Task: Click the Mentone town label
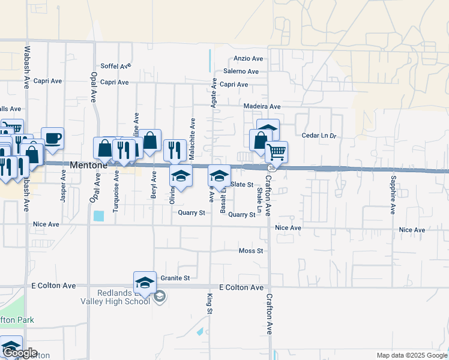(x=88, y=164)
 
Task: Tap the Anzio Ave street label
(x=249, y=59)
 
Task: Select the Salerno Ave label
(x=241, y=71)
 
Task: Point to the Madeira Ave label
(x=262, y=106)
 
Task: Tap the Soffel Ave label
(x=116, y=66)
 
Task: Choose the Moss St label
(x=251, y=251)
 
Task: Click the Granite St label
(x=175, y=278)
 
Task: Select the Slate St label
(x=242, y=185)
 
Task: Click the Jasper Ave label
(x=63, y=185)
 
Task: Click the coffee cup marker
(x=52, y=137)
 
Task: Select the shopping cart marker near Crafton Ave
(x=276, y=151)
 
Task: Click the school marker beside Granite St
(x=144, y=282)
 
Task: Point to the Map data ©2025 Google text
(x=411, y=355)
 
